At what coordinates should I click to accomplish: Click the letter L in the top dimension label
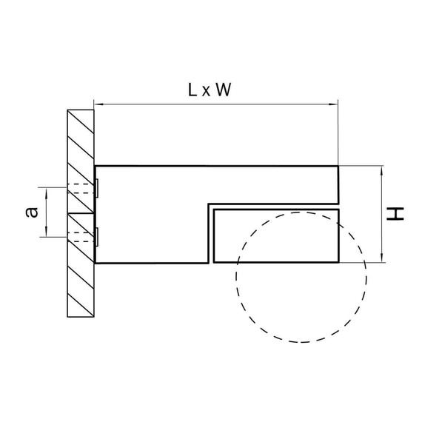(192, 90)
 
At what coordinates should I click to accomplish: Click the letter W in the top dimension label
(223, 90)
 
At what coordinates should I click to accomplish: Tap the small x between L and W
(206, 92)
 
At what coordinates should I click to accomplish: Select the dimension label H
(395, 214)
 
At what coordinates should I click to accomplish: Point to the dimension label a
(32, 212)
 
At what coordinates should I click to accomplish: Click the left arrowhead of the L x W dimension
(98, 104)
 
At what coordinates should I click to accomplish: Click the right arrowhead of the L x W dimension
(333, 104)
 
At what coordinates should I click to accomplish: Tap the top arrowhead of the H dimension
(382, 170)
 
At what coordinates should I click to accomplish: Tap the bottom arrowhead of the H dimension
(382, 258)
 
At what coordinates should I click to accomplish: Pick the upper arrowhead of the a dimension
(47, 192)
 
